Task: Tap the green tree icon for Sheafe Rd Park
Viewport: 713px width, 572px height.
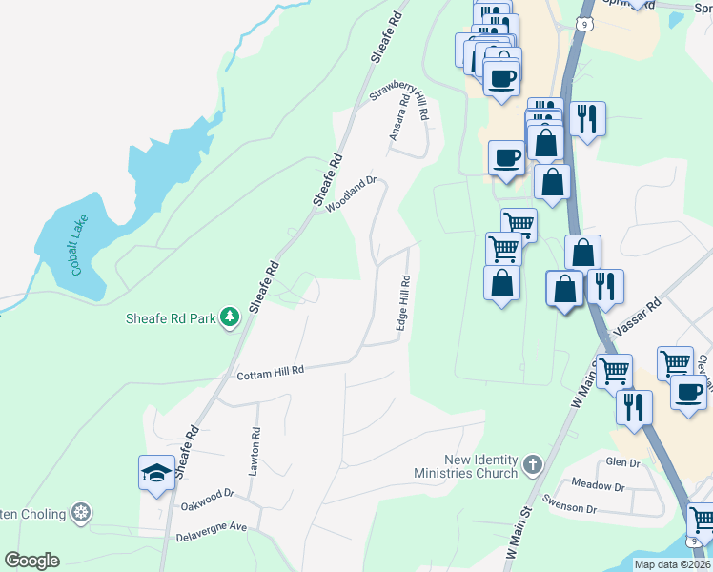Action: click(x=229, y=317)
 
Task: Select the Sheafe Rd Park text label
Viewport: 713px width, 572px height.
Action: click(x=172, y=317)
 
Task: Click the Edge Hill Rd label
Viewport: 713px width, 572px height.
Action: click(x=404, y=304)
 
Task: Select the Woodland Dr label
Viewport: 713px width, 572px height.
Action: click(x=352, y=194)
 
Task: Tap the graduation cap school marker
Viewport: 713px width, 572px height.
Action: click(x=156, y=472)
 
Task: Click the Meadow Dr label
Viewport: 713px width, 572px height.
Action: click(x=598, y=486)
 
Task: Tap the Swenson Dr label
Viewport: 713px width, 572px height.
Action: click(x=569, y=508)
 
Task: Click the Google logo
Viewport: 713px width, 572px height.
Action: click(x=31, y=560)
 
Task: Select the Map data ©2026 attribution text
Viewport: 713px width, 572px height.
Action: click(x=671, y=564)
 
